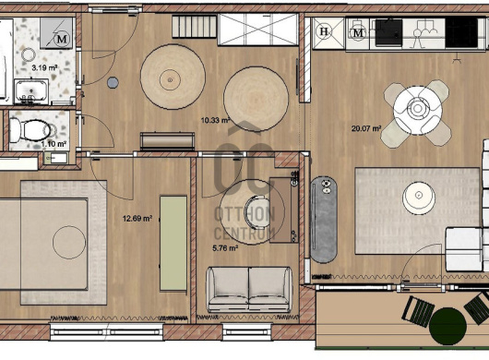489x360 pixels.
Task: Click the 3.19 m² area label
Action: pyautogui.click(x=44, y=67)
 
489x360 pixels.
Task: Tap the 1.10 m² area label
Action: pyautogui.click(x=54, y=144)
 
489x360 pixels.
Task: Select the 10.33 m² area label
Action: pyautogui.click(x=216, y=120)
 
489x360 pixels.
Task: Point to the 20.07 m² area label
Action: pyautogui.click(x=366, y=128)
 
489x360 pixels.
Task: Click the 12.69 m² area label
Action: pyautogui.click(x=137, y=219)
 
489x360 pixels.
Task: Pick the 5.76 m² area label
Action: pyautogui.click(x=225, y=248)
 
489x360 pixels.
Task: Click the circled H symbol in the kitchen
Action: pyautogui.click(x=324, y=31)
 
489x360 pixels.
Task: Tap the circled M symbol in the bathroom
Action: pyautogui.click(x=62, y=40)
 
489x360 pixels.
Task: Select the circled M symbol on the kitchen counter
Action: pyautogui.click(x=358, y=32)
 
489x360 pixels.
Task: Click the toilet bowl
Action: pyautogui.click(x=30, y=130)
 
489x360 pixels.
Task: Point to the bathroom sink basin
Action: pyautogui.click(x=31, y=91)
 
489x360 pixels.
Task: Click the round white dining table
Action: pyautogui.click(x=418, y=110)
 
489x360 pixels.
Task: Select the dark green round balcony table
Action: pyautogui.click(x=447, y=326)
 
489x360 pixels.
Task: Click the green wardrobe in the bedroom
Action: pyautogui.click(x=173, y=244)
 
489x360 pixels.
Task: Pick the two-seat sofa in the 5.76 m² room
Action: pyautogui.click(x=249, y=290)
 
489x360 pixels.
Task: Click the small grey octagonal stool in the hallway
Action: pyautogui.click(x=113, y=82)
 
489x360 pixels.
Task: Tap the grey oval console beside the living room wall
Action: pyautogui.click(x=324, y=220)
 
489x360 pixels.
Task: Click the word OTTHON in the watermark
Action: pyautogui.click(x=244, y=214)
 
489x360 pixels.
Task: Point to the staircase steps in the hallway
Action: pyautogui.click(x=195, y=27)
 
